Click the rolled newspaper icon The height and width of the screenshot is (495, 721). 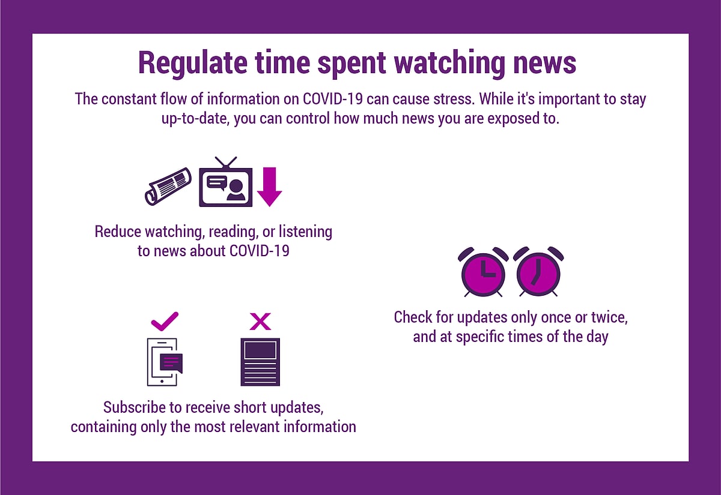pos(168,186)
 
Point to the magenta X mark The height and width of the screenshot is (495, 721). pos(260,322)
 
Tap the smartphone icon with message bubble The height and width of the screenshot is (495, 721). pos(164,362)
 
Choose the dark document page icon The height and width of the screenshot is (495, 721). pos(260,362)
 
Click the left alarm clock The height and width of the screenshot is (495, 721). pos(483,272)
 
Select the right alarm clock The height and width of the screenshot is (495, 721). pos(539,272)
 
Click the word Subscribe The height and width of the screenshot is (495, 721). pos(133,407)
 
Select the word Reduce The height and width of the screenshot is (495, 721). pos(118,231)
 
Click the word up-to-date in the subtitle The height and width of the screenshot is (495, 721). pos(195,118)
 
